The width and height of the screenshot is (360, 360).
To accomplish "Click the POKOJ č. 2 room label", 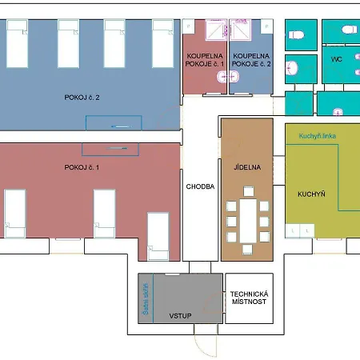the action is pos(82,98).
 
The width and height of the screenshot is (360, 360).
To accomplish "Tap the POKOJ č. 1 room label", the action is pos(82,167).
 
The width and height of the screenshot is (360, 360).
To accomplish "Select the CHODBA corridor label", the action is pos(200,186).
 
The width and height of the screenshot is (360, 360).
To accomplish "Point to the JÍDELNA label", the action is pos(247,167).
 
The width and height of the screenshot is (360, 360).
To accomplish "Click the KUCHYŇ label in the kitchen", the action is pos(311,194).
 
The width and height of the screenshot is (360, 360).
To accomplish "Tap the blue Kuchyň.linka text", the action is pos(318,136).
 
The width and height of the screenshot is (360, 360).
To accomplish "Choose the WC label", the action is pos(337,59).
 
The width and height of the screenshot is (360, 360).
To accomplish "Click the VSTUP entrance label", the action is pos(180,316).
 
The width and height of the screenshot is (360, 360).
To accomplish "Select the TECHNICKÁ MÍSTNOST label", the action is pos(249,298).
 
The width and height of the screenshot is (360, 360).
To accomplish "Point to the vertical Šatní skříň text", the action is pos(146,299).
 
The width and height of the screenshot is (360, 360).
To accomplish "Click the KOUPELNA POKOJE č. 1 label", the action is pos(205,60).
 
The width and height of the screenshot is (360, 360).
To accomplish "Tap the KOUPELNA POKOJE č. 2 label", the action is pos(251,60).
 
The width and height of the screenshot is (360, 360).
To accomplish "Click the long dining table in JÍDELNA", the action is pos(248,221).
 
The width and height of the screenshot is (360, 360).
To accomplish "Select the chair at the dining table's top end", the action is pos(249,191).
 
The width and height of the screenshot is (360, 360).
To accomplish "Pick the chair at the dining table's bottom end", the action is pos(247,249).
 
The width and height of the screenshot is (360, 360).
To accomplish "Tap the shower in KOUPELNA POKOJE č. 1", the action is pos(216,30).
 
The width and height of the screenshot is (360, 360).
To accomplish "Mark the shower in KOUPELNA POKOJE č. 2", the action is pos(240,30).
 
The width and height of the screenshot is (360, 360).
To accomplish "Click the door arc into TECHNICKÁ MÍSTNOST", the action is pos(212,302).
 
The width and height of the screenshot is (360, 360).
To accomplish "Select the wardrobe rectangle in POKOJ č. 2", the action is pos(114,123).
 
